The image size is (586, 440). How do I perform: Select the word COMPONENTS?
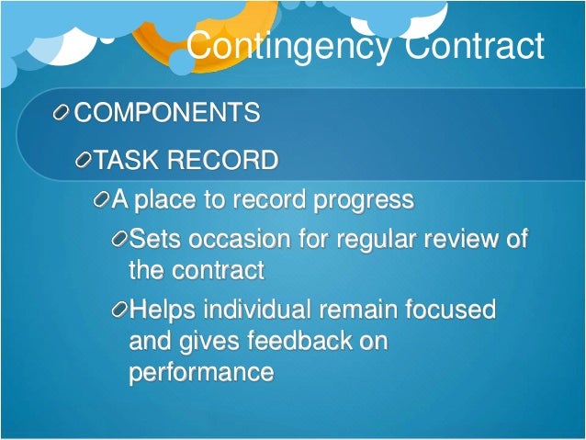click(x=166, y=113)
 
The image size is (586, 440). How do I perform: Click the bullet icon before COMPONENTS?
click(x=62, y=114)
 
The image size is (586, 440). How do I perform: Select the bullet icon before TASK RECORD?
click(x=85, y=163)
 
